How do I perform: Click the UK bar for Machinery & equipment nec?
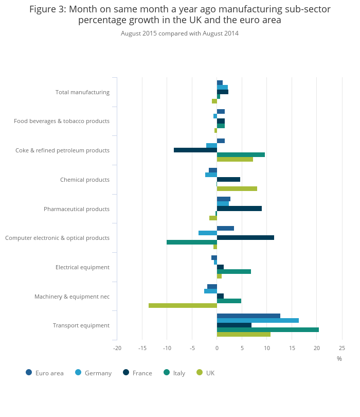183,305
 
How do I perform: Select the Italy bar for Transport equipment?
267,329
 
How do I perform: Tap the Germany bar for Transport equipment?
258,320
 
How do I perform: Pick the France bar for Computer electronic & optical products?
245,237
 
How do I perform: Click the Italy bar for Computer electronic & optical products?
192,242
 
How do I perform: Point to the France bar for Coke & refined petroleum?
195,150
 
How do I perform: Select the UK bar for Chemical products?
237,188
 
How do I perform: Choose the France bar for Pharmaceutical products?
239,208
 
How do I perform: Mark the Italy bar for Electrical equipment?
233,271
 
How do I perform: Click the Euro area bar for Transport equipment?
248,316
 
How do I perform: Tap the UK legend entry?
206,373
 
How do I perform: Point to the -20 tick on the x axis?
117,348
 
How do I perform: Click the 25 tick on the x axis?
342,348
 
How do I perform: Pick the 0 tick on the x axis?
217,348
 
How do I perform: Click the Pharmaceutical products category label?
77,209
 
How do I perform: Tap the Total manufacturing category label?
82,92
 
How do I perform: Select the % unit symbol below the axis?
339,359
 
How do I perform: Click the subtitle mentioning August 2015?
179,33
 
